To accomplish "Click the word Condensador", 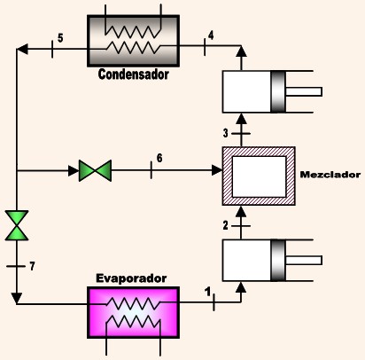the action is click(133, 74).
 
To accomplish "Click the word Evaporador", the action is click(131, 278).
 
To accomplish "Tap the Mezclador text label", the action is click(330, 175).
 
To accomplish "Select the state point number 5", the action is click(60, 38).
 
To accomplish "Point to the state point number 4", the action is click(211, 35).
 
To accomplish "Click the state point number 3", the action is click(226, 133).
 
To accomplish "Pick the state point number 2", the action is click(226, 226).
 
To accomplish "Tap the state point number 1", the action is click(208, 292).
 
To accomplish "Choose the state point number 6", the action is click(159, 158).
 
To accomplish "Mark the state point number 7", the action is click(32, 266).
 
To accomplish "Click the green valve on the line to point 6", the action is click(95, 170).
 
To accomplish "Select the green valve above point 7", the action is click(17, 225).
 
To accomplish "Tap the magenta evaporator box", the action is click(133, 312).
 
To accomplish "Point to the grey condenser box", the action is click(133, 41).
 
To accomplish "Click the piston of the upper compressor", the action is click(278, 91).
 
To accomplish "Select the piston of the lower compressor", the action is click(278, 260).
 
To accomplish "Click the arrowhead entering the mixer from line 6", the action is click(217, 170).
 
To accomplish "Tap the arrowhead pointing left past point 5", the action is click(23, 49).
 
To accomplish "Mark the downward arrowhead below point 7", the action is click(17, 298).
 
